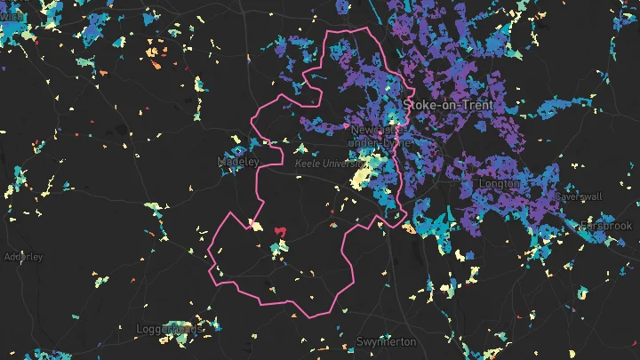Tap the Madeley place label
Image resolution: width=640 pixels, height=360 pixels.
[238, 162]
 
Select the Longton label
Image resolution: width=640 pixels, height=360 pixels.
[499, 183]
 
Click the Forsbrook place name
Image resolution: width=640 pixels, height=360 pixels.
[605, 227]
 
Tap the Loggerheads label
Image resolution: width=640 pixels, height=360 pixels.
[169, 329]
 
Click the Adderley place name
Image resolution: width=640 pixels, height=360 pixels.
[23, 257]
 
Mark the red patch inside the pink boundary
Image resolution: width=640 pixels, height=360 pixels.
[280, 232]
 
